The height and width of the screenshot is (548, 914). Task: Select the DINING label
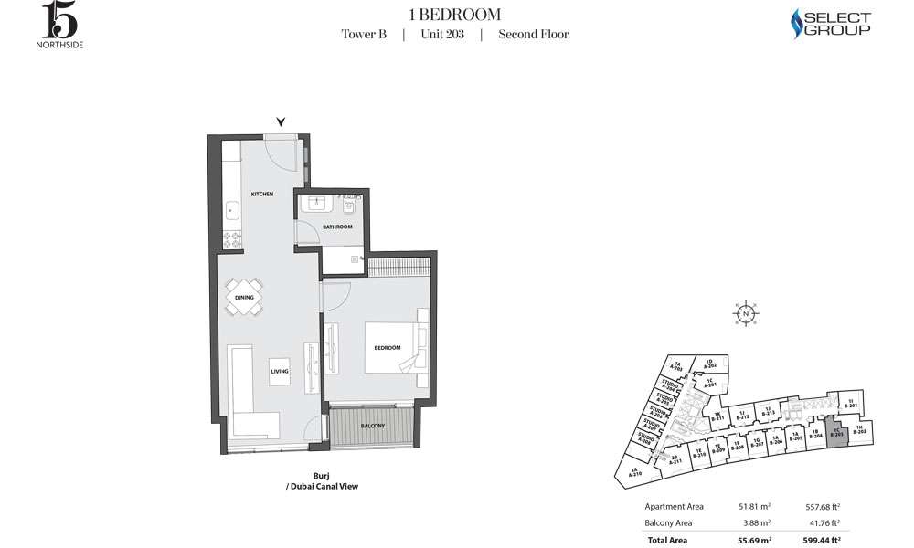(x=244, y=297)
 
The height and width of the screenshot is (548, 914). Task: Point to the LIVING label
(x=280, y=372)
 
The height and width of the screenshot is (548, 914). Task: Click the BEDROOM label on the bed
(x=388, y=348)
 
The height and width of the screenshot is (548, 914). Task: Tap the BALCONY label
(x=372, y=427)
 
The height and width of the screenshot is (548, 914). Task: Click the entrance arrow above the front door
(x=282, y=121)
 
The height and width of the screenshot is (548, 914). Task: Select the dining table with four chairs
(x=244, y=297)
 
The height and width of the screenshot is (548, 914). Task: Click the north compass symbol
(x=746, y=313)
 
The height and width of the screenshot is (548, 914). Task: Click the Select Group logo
(x=829, y=24)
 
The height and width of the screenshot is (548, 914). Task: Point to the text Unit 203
(x=442, y=35)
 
